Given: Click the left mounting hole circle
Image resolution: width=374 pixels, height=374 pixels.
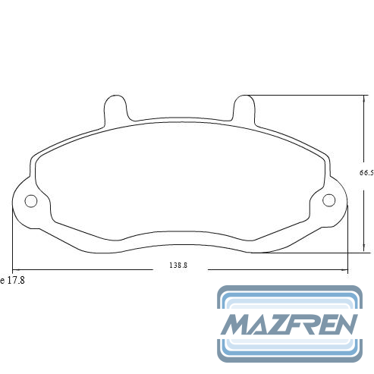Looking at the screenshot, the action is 31,201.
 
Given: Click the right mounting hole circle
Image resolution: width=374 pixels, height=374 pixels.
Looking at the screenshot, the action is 329,200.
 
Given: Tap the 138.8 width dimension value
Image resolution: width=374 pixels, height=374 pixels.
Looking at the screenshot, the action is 178,266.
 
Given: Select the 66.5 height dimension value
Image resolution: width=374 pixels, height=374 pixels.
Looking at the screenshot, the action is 366,173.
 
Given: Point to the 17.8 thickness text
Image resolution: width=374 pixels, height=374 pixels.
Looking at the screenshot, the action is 16,280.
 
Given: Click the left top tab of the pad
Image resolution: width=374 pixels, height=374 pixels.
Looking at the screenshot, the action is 116,109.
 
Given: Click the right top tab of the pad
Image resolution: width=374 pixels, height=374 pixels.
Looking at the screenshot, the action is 244,109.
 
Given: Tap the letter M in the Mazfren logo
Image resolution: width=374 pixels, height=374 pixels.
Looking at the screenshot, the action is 236,324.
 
